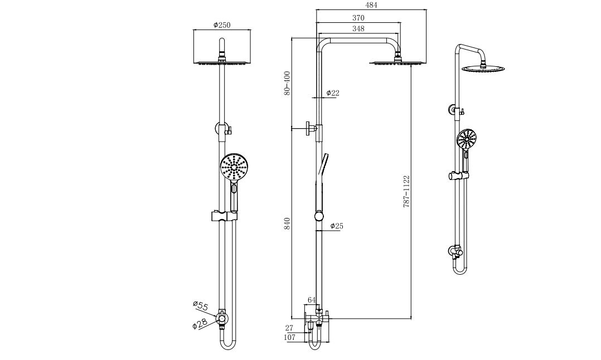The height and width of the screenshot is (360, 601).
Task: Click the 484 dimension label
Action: coord(371,5)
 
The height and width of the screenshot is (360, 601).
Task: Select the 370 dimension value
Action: coord(358,18)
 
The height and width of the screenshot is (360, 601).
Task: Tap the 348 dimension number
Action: coord(358,28)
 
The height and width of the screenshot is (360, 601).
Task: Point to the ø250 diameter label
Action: coord(221,25)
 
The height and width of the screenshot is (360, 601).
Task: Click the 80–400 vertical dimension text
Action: coord(287,83)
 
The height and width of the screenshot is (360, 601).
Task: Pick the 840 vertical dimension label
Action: coord(287,224)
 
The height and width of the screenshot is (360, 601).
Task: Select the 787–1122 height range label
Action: coord(407,192)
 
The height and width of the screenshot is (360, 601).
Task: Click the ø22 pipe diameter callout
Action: coord(332,93)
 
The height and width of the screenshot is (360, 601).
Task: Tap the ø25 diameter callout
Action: coord(336,226)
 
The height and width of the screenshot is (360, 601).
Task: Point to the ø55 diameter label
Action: coord(200,305)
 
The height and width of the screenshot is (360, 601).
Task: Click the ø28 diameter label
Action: coord(200,323)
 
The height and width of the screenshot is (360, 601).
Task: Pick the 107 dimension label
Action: coord(289,337)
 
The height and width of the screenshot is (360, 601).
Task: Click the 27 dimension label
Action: coord(289,328)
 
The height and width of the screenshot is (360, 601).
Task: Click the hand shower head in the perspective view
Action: coord(467,139)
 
